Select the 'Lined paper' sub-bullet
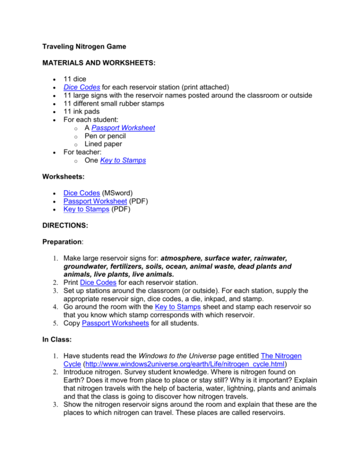[103, 144]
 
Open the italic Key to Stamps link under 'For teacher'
[123, 160]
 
